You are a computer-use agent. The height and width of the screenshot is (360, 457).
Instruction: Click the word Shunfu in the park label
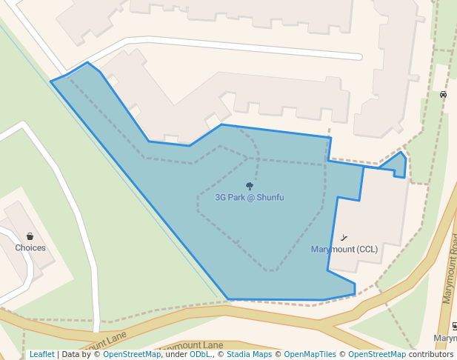270,198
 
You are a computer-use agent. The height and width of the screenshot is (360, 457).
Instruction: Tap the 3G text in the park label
221,198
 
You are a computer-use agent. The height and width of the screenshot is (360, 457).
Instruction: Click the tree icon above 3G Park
250,187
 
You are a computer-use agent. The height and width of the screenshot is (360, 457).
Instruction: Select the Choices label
30,248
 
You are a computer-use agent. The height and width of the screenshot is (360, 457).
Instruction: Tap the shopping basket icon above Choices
30,236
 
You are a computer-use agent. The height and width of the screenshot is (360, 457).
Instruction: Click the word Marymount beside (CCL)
333,250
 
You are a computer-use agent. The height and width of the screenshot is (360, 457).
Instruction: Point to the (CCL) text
367,250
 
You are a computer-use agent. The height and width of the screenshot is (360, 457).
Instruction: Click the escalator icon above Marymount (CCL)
344,239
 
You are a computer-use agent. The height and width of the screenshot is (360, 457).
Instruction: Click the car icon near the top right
443,95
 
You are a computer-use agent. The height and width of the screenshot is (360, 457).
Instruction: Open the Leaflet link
41,355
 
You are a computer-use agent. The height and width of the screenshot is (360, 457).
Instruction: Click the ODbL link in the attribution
199,355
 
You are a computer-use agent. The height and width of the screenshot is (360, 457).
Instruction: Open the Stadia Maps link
247,355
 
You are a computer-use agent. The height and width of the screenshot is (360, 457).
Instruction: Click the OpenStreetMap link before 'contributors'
377,355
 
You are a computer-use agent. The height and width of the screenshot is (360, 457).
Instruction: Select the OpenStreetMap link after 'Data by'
132,355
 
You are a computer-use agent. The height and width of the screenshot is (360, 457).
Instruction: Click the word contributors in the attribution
430,355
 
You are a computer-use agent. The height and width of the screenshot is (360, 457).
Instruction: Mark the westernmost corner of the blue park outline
51,81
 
